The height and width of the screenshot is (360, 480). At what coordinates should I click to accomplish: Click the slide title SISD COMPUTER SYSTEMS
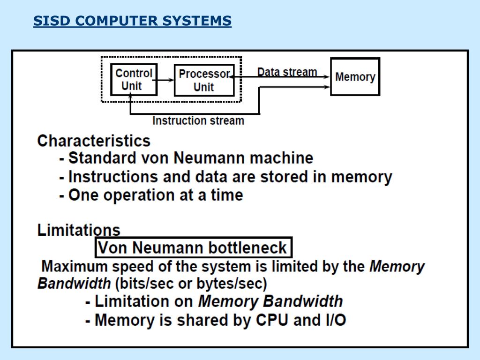coord(132,21)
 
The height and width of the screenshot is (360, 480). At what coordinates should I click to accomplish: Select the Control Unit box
coord(134,80)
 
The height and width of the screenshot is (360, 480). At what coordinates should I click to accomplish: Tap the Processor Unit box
coord(204,80)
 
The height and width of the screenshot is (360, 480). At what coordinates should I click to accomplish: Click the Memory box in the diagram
coord(355,77)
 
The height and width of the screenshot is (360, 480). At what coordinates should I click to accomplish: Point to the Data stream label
coord(287,72)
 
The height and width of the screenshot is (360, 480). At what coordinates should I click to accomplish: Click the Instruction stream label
coord(198,120)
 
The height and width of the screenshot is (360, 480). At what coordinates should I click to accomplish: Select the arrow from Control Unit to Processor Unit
coord(165,80)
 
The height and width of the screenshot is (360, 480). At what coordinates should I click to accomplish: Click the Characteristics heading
coord(94,141)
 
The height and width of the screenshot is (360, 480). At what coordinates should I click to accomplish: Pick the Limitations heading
coord(79,230)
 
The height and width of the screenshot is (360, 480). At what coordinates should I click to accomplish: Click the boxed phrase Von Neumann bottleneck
coord(193,247)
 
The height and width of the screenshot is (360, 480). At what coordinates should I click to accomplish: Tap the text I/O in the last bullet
coord(336,320)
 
